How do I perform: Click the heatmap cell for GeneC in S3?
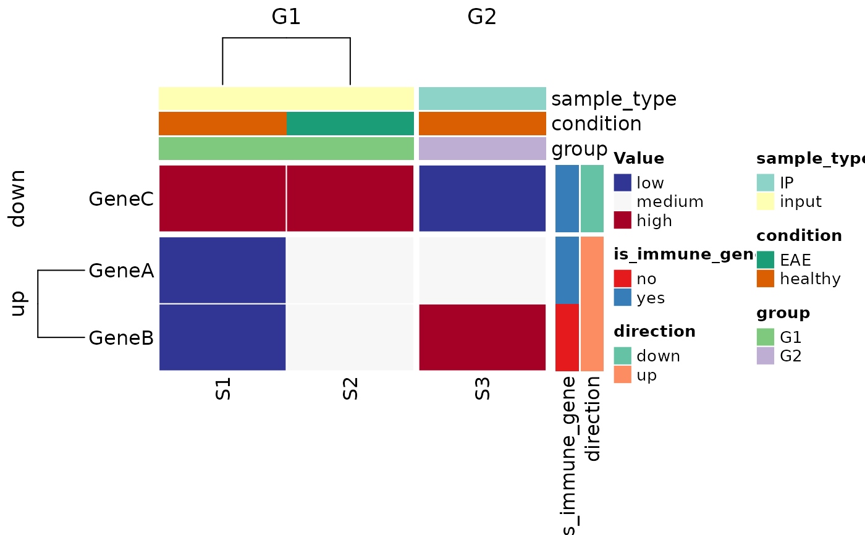pos(482,198)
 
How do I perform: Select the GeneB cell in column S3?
pos(482,337)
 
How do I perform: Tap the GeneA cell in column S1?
pos(222,270)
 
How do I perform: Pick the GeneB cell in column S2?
pos(350,337)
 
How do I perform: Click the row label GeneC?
pos(121,199)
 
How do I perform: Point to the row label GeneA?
pos(121,271)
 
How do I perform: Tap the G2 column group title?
pos(482,17)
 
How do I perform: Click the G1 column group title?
pos(286,17)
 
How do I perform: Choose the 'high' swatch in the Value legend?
pos(622,220)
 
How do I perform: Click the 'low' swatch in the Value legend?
pos(622,183)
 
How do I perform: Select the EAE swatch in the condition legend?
pos(766,260)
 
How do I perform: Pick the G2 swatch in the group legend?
pos(766,356)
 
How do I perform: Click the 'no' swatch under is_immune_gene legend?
pos(622,279)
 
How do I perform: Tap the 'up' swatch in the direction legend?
pos(622,374)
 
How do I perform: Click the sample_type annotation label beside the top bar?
pos(614,99)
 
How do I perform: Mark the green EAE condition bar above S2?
pos(350,124)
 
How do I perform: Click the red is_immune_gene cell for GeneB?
pos(567,337)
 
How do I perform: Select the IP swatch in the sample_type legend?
pos(766,183)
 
